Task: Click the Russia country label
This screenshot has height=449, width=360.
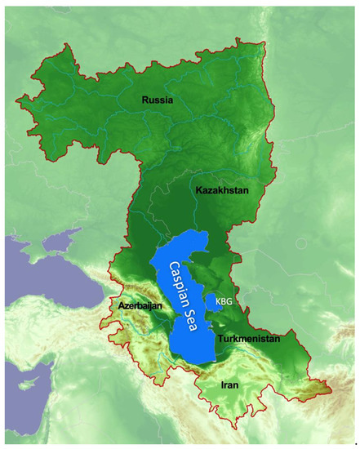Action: pyautogui.click(x=159, y=100)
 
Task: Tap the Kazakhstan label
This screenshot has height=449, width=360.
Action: pyautogui.click(x=221, y=190)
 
